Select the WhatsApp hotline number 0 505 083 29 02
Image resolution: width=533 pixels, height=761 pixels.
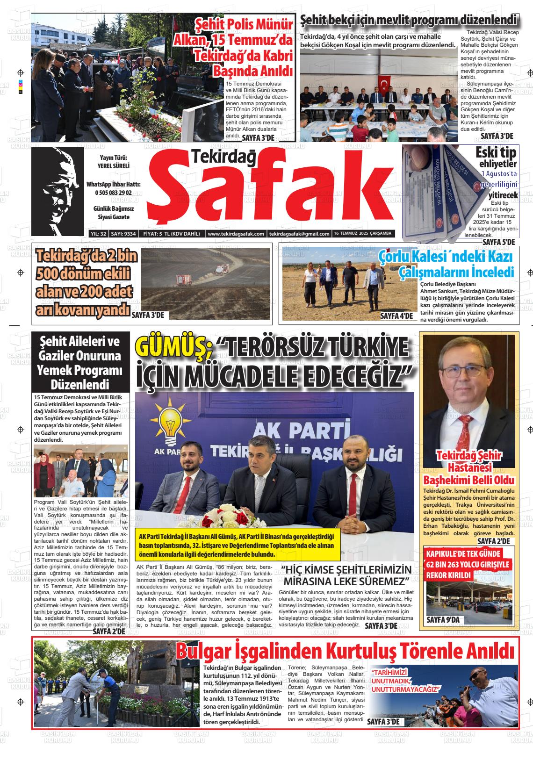[x=113, y=193]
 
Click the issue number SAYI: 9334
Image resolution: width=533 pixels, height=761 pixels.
[x=123, y=234]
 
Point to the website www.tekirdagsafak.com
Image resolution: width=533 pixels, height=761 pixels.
[x=236, y=234]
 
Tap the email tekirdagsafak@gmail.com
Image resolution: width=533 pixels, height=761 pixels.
[x=300, y=234]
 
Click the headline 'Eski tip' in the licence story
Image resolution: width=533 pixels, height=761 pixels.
[x=495, y=153]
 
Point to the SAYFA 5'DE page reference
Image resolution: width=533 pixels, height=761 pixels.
[x=498, y=242]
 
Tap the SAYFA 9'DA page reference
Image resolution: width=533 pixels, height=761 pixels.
[x=443, y=620]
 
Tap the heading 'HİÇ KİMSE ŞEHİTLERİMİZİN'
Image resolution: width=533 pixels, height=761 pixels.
[x=346, y=570]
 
